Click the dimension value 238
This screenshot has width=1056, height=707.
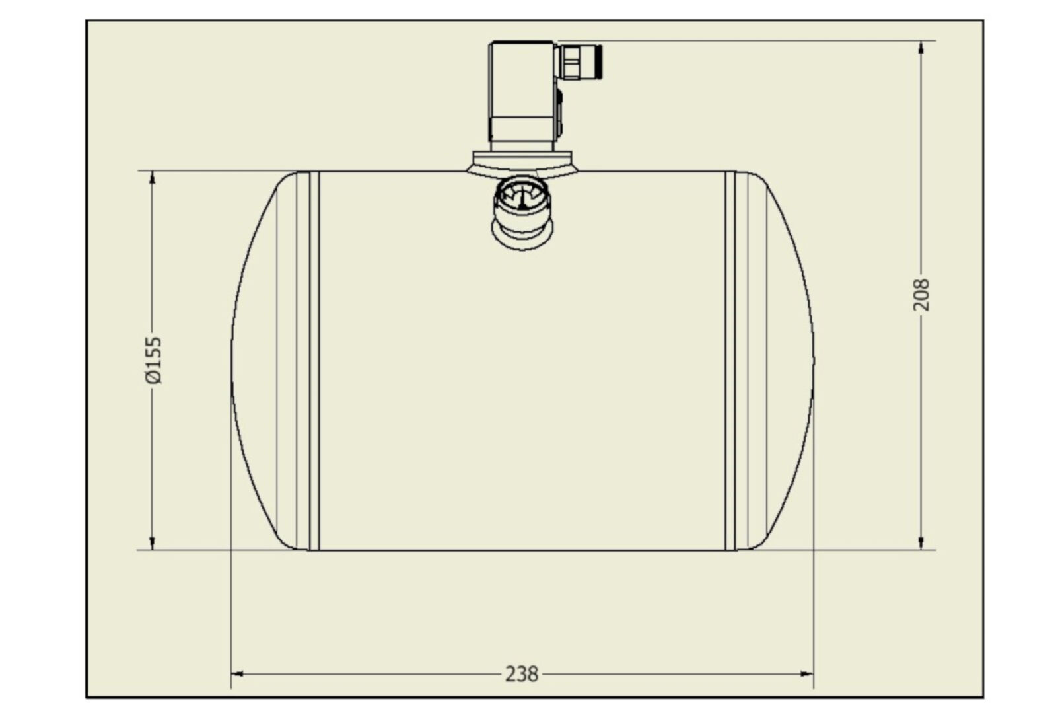522,674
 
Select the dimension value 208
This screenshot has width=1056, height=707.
921,295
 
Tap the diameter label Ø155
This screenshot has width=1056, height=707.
153,360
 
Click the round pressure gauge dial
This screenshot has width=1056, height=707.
522,195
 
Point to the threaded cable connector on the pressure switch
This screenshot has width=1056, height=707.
579,61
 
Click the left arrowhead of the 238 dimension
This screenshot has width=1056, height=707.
236,673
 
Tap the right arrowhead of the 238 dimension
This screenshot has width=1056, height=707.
807,673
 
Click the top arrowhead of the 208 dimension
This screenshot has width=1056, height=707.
921,47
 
